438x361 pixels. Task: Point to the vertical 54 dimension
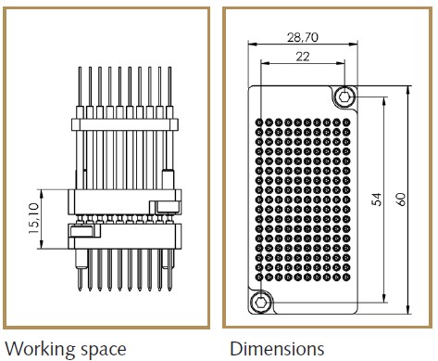pyautogui.click(x=378, y=200)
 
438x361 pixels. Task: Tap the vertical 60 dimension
pyautogui.click(x=402, y=200)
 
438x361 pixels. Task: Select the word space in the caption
pyautogui.click(x=102, y=349)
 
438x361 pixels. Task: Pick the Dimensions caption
pyautogui.click(x=277, y=349)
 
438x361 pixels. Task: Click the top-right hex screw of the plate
pyautogui.click(x=345, y=97)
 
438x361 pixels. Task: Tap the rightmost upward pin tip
pyautogui.click(x=168, y=68)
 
